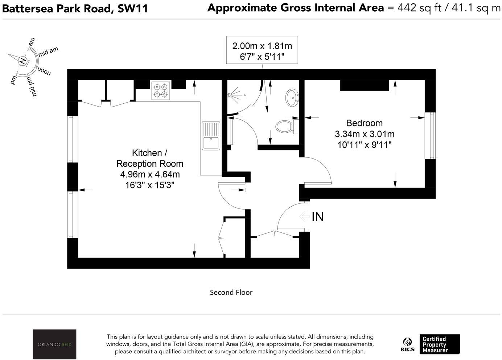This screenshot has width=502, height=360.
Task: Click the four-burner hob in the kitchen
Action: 161,91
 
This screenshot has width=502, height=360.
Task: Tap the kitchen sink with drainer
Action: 211,136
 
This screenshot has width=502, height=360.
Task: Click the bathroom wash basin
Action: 292,98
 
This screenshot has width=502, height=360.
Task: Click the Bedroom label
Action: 364,123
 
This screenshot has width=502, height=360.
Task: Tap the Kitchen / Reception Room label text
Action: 149,158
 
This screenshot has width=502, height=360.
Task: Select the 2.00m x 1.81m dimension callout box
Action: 262,50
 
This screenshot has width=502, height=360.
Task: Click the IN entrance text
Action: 317,217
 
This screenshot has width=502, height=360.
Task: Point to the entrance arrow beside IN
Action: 304,216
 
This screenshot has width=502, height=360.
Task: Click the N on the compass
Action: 23,61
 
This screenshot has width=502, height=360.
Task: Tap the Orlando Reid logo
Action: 54,344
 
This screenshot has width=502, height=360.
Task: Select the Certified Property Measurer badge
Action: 439,344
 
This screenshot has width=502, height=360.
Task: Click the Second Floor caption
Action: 231,292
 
